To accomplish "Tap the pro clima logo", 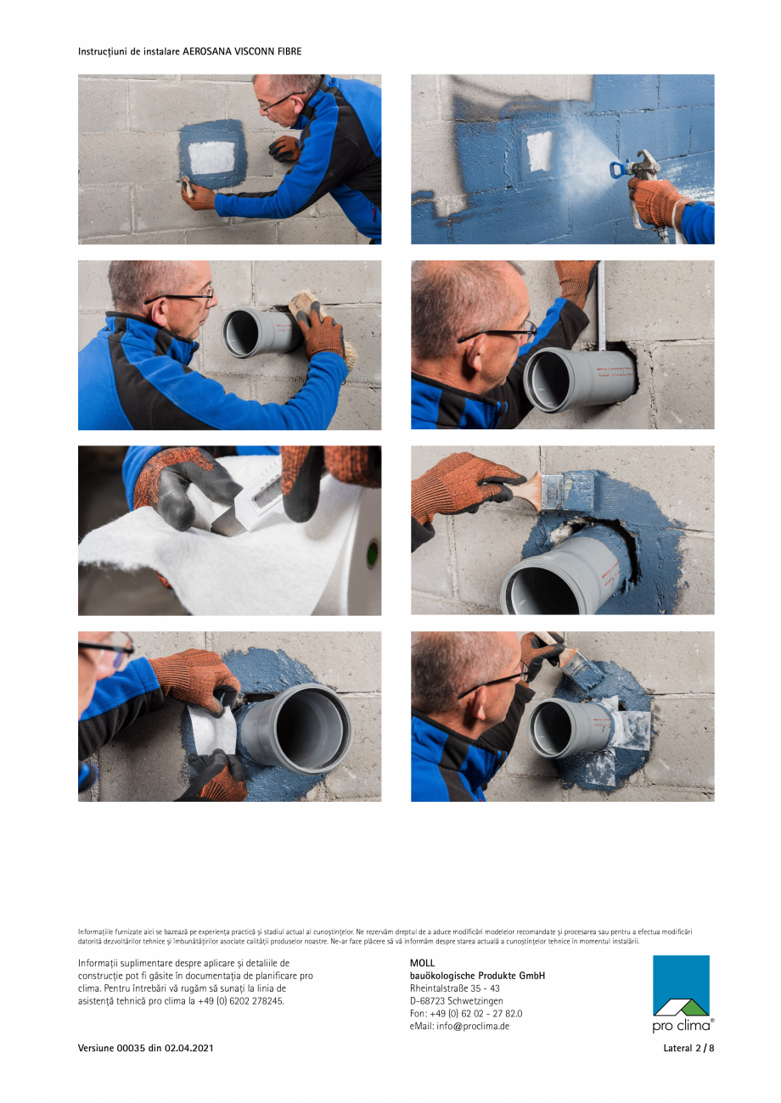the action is (683, 994).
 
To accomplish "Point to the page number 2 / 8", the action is (705, 1048).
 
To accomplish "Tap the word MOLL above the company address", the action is (422, 963).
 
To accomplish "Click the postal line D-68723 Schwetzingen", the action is (456, 1000).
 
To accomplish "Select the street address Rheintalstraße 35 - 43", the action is (455, 988).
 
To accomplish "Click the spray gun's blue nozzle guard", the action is (618, 170).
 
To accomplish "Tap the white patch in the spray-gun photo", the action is (540, 150).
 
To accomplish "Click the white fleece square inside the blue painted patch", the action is (212, 157).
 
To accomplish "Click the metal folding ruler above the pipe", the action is (601, 305).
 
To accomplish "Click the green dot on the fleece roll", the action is (373, 553).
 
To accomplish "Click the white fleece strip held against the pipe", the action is (213, 731).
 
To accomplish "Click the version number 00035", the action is (131, 1048).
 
